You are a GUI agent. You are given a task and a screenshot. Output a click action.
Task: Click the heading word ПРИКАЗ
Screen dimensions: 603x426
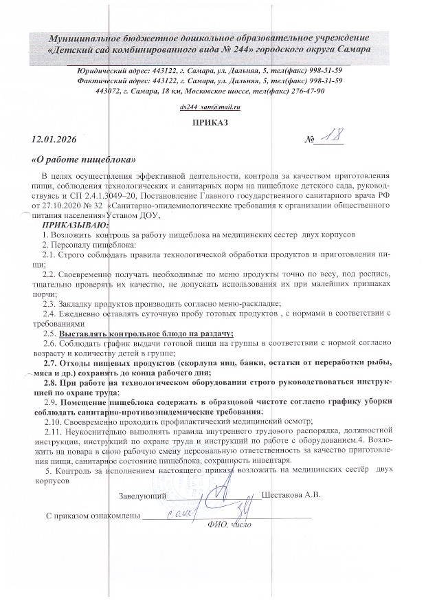tap(213, 124)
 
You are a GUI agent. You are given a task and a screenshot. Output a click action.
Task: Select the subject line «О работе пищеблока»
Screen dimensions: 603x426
tap(84, 160)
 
